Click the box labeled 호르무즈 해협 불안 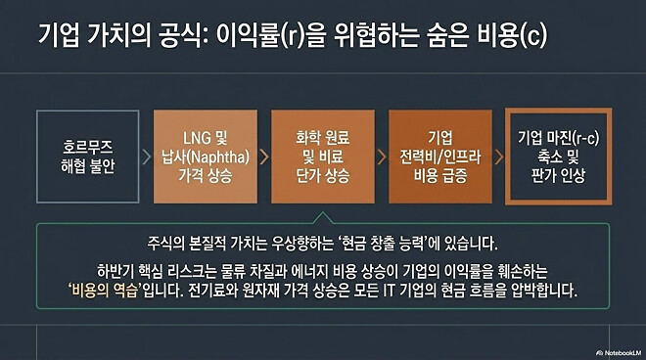pos(87,157)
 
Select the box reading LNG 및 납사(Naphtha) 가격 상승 pos(205,157)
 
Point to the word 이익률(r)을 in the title pos(285,37)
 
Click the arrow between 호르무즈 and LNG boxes pos(146,157)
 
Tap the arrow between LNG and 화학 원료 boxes pos(262,157)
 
